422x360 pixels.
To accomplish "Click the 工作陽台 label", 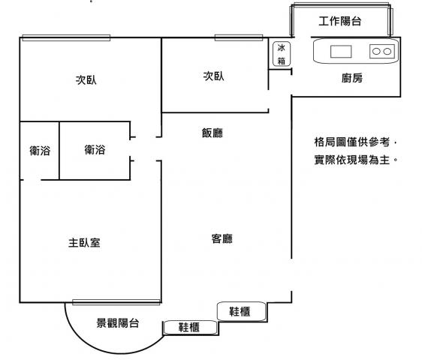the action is (339, 21).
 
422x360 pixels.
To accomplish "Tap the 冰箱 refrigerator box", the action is (282, 54).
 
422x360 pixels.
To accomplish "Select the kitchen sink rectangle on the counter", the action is (341, 52).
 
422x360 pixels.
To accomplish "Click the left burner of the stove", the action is (376, 51).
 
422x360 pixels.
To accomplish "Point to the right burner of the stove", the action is (387, 51).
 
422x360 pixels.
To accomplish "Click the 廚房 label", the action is (352, 78).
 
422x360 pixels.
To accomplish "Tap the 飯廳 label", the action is (213, 133).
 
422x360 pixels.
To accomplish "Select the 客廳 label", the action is (222, 238).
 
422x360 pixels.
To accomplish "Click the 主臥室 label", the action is (84, 242).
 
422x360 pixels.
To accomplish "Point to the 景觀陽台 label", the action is (118, 322).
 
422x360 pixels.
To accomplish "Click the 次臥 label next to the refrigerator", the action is (213, 76).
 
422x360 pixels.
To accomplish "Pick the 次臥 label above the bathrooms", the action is (86, 79).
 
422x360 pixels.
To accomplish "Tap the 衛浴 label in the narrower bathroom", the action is (40, 151).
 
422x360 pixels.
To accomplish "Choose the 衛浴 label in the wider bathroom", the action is (95, 149).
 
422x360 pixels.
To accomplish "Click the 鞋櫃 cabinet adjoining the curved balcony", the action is (190, 328).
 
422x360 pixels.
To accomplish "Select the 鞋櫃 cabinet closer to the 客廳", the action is (242, 311).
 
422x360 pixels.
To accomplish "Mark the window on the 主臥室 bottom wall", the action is (116, 302).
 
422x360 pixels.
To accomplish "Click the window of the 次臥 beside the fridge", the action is (239, 37).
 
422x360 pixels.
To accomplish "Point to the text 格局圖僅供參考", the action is (351, 142).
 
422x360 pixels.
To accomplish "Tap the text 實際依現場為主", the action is (351, 160).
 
